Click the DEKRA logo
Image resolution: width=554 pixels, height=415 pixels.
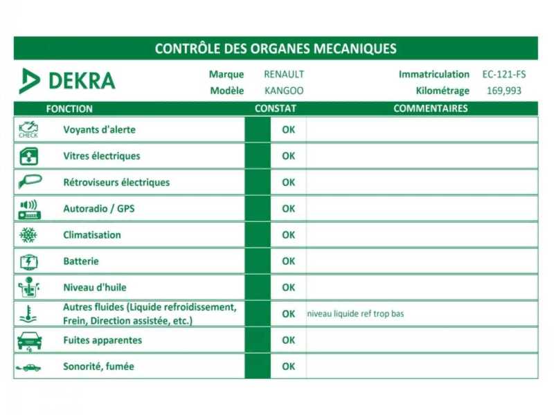[x=67, y=80]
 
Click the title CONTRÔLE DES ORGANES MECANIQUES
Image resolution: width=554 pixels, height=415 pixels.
[x=276, y=48]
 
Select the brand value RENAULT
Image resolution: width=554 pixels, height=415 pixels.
[x=284, y=75]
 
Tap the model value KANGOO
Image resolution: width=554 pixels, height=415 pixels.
[x=284, y=91]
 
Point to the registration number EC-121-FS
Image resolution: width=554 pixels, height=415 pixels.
[x=503, y=75]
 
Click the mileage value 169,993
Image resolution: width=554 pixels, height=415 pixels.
[x=503, y=91]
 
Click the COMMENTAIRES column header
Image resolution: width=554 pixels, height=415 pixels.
[x=430, y=109]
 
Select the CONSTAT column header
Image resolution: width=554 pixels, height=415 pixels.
[x=275, y=109]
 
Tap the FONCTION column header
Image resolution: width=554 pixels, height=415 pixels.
[x=69, y=109]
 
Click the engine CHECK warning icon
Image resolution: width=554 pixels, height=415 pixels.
[x=28, y=130]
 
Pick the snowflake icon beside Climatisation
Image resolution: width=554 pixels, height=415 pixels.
[x=28, y=235]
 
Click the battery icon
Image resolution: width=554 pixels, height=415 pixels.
[x=28, y=261]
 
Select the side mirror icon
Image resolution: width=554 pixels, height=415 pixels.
[x=29, y=182]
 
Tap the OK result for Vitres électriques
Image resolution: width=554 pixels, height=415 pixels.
[x=288, y=156]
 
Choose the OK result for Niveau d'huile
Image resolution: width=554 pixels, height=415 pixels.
[x=288, y=288]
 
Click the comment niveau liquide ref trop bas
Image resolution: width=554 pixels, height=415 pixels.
[x=355, y=314]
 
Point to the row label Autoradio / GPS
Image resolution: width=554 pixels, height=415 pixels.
[x=99, y=209]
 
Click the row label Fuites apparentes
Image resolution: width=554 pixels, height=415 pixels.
[x=102, y=340]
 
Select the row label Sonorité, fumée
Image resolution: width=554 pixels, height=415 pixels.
[x=98, y=367]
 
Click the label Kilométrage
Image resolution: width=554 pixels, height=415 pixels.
[x=443, y=91]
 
